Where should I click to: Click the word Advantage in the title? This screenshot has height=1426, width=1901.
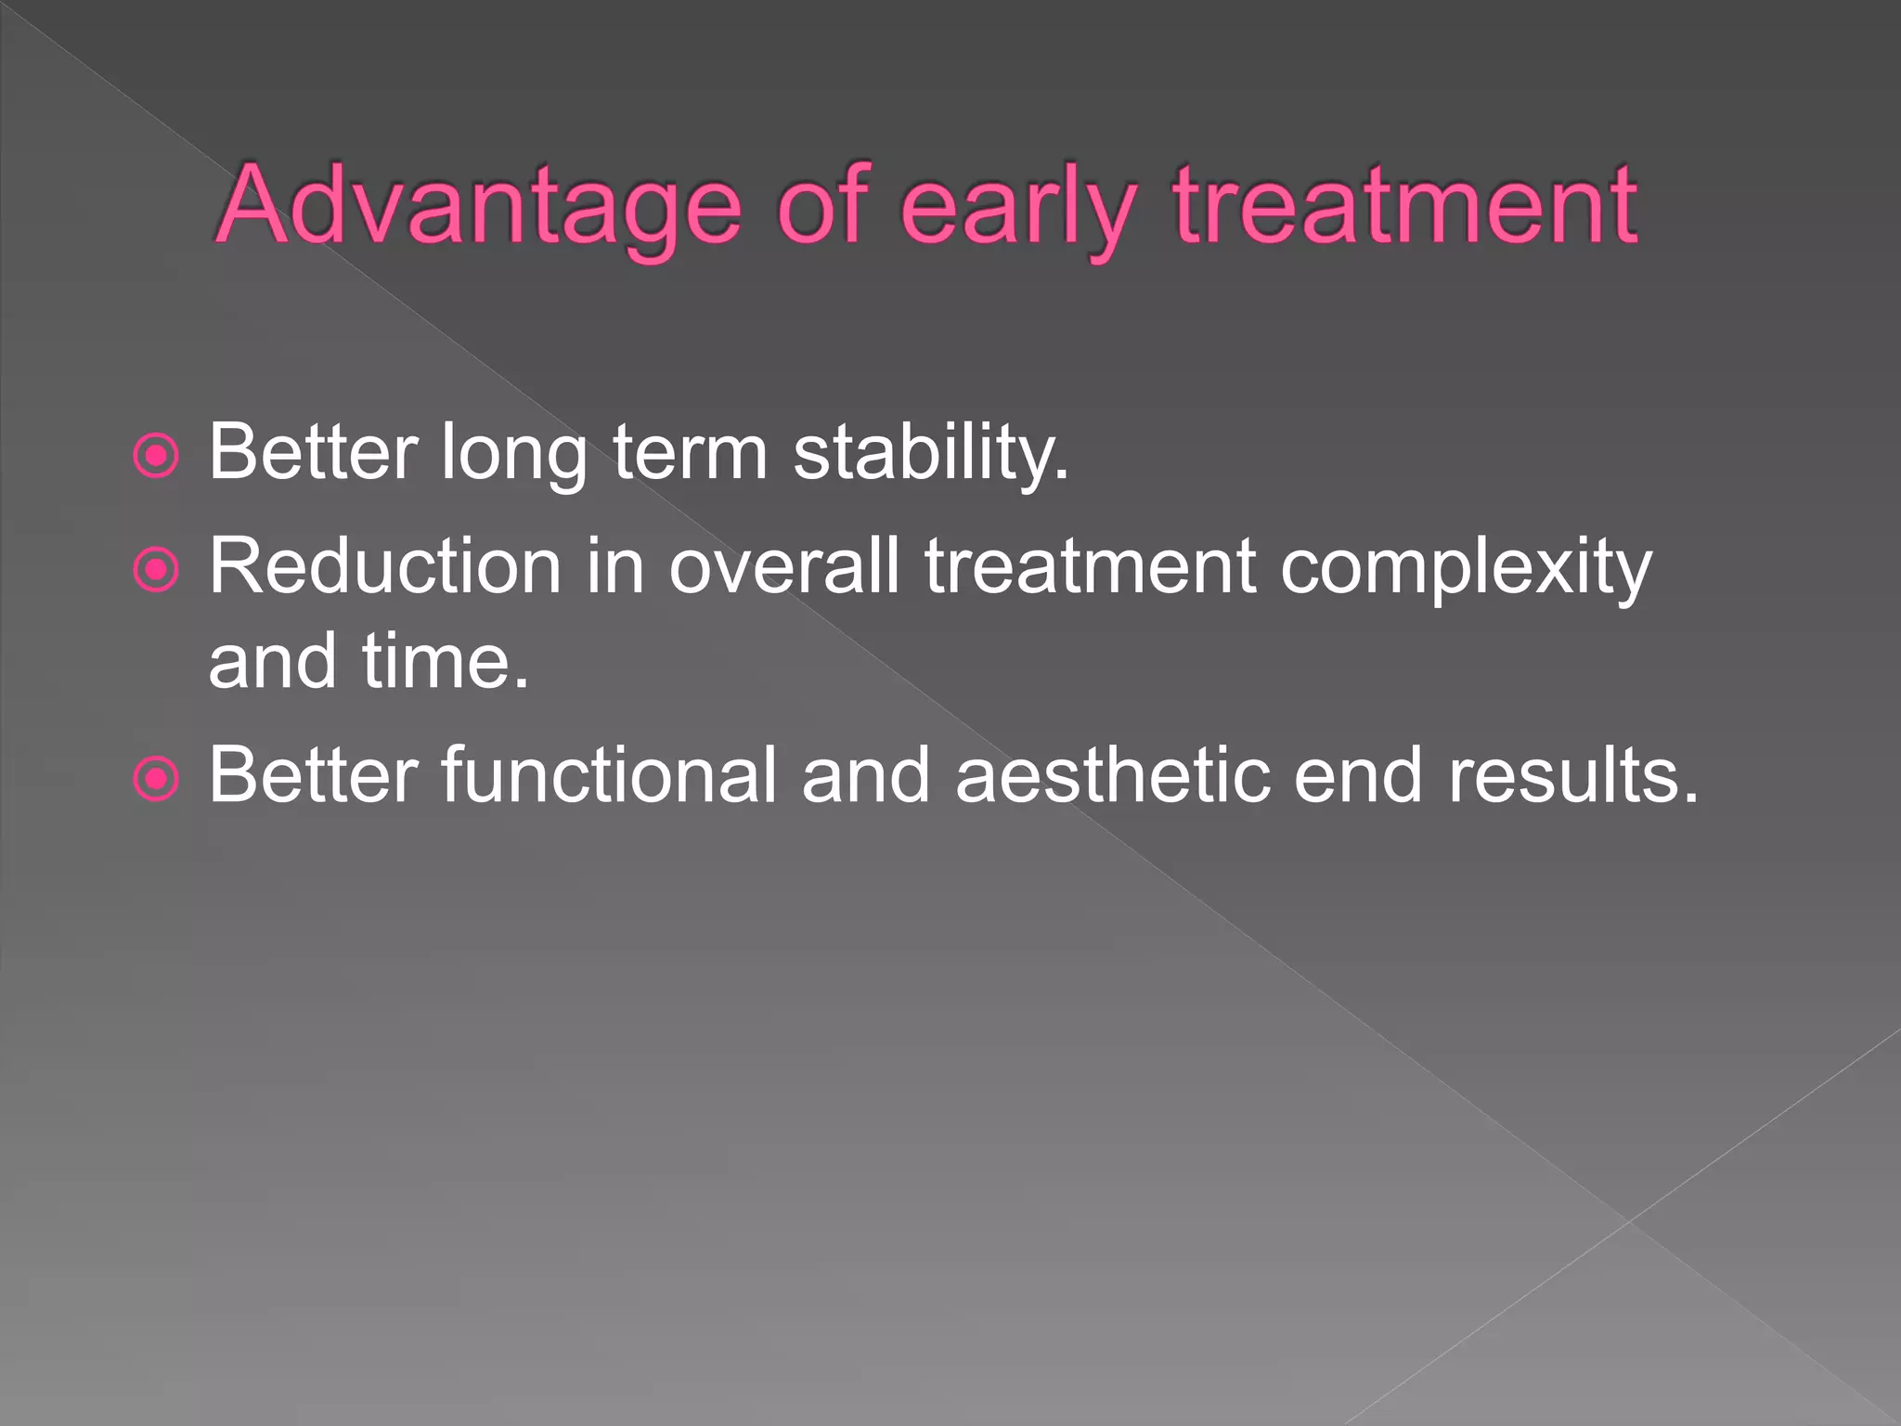(x=478, y=206)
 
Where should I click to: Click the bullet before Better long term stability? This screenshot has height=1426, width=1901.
(x=156, y=456)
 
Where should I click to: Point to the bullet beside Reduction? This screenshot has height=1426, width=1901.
(x=156, y=569)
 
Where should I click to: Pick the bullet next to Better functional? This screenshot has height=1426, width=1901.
(x=156, y=778)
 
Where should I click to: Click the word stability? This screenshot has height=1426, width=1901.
(x=931, y=453)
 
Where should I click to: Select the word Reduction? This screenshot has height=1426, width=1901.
(x=384, y=566)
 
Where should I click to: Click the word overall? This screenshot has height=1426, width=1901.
(x=784, y=566)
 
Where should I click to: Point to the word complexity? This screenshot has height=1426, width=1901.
(x=1466, y=568)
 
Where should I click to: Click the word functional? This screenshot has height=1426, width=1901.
(x=608, y=775)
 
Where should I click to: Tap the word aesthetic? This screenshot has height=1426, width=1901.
(x=1112, y=775)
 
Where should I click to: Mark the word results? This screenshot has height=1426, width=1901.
(x=1573, y=775)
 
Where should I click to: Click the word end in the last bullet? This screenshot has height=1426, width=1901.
(x=1357, y=775)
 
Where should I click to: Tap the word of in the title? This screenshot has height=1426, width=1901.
(x=821, y=206)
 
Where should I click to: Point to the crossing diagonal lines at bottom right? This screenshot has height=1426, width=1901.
(x=1629, y=1221)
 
